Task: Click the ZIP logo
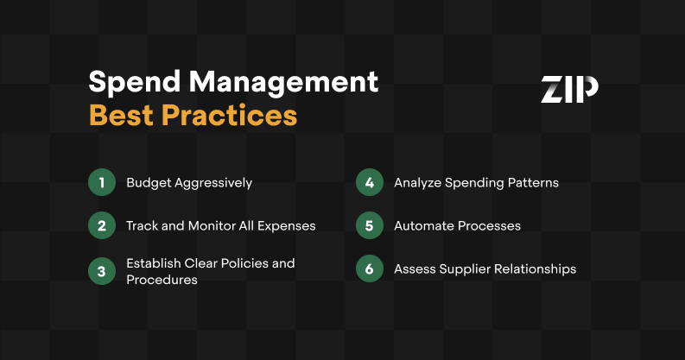click(x=569, y=90)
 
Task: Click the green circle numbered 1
click(x=102, y=183)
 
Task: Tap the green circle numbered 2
click(x=102, y=225)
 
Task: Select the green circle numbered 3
click(x=102, y=269)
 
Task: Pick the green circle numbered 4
click(x=369, y=183)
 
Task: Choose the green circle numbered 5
click(x=369, y=225)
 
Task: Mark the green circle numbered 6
click(x=369, y=269)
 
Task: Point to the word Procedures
click(x=162, y=280)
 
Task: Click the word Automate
click(x=424, y=226)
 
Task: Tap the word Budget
click(x=147, y=183)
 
